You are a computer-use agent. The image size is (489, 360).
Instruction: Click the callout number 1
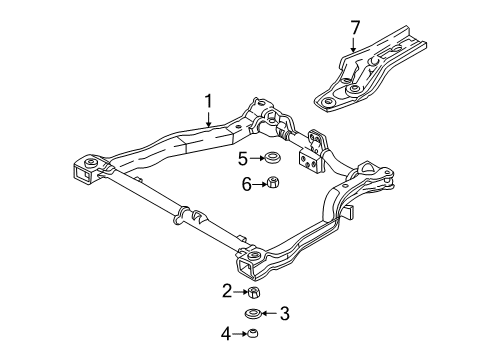[209, 101]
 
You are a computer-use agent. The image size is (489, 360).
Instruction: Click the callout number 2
[228, 292]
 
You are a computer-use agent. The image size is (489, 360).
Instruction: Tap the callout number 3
[285, 314]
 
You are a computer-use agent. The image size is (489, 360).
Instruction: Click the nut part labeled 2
[254, 292]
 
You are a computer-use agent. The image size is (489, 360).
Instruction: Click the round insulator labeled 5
[270, 158]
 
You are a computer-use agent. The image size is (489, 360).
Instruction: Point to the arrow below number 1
[209, 116]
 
